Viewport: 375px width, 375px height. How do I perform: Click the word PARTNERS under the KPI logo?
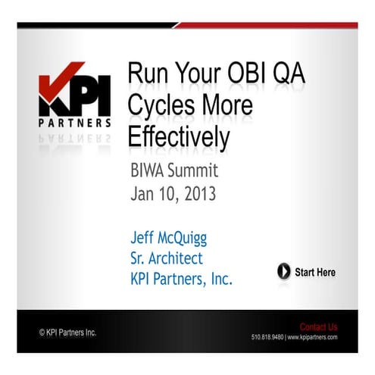(x=75, y=122)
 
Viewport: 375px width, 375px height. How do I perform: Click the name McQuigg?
(x=186, y=239)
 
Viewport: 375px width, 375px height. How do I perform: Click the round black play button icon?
(x=283, y=271)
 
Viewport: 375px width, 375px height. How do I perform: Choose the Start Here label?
(x=314, y=271)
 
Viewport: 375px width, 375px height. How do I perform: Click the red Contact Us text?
(x=318, y=327)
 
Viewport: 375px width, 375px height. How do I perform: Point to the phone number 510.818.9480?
(x=267, y=337)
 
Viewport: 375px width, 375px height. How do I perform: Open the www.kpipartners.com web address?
(x=312, y=337)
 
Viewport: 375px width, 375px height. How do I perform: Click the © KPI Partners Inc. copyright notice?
(x=67, y=332)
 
